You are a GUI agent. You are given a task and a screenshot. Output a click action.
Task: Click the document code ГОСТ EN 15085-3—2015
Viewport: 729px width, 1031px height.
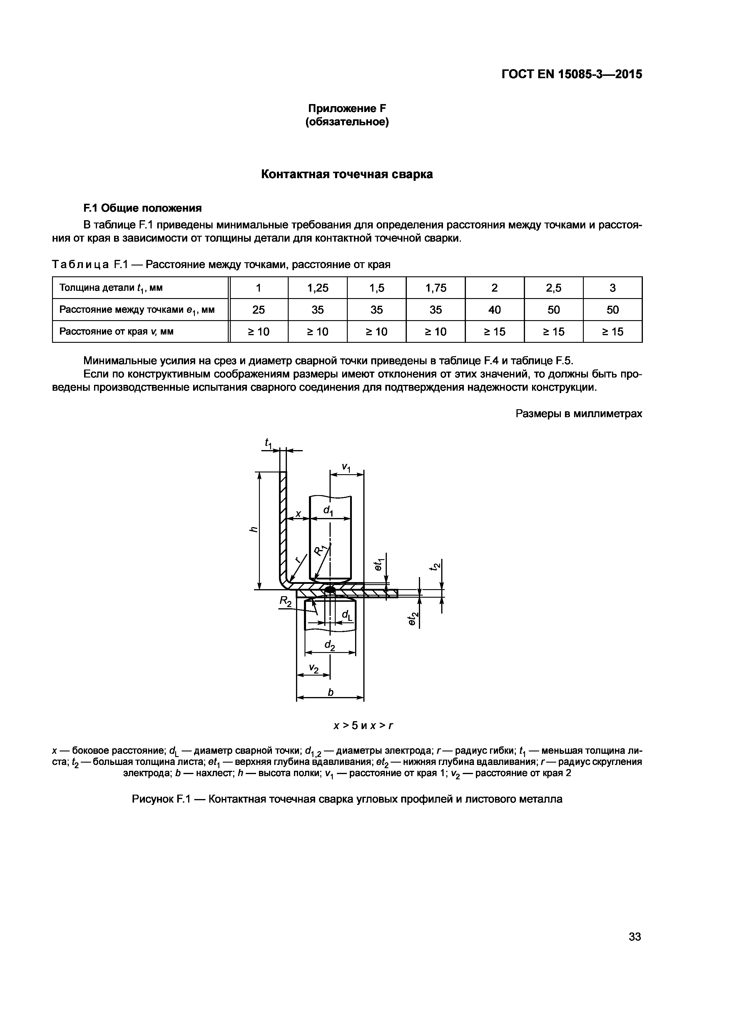571,74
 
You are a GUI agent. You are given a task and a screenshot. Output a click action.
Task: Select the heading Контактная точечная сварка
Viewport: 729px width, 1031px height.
347,175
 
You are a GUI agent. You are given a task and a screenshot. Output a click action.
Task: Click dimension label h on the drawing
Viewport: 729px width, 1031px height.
254,530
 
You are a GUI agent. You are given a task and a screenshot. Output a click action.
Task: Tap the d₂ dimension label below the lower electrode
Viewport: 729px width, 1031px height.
330,646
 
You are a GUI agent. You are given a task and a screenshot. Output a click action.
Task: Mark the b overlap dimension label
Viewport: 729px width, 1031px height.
330,692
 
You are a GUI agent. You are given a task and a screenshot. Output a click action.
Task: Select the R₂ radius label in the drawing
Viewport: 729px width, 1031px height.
285,601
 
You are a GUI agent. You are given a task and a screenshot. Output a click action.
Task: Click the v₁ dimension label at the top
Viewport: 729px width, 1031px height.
346,467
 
